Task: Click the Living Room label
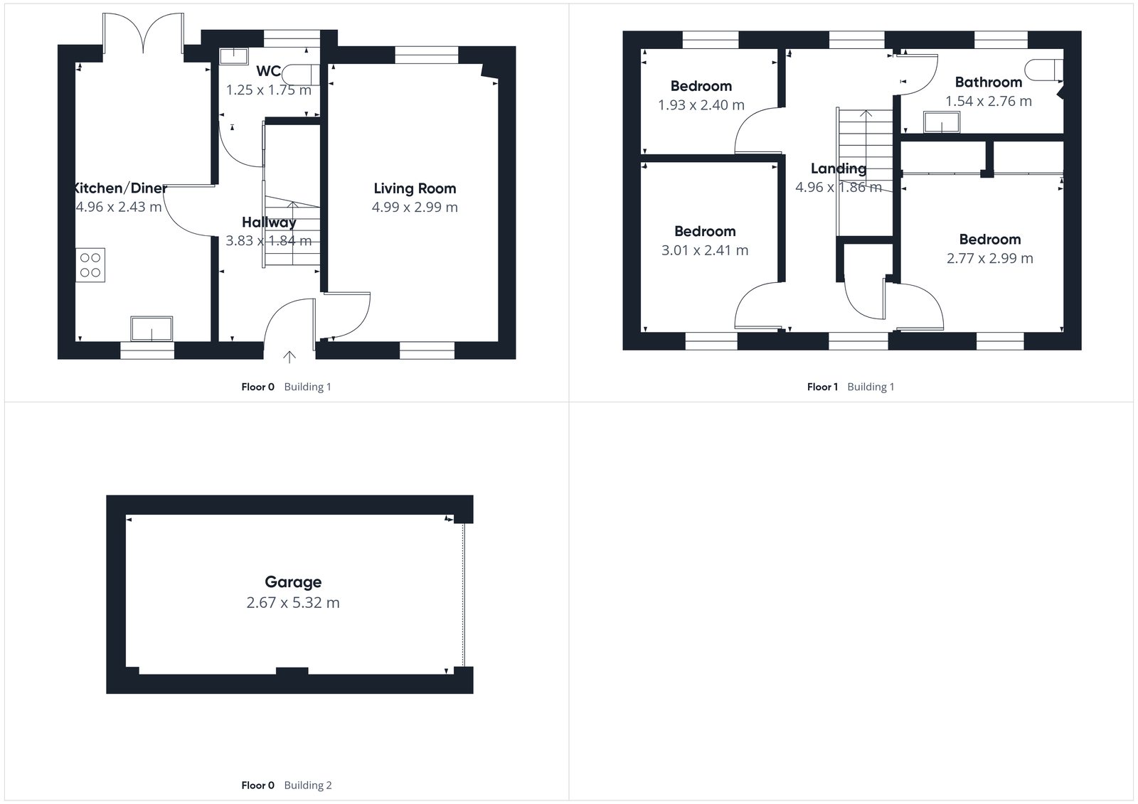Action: tap(415, 188)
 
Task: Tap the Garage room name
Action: tap(293, 581)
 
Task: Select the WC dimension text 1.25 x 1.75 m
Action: tap(268, 90)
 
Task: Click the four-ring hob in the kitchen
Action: tap(90, 265)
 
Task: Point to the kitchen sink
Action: tap(151, 329)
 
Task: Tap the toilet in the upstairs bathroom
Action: tap(1043, 70)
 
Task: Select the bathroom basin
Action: tap(942, 123)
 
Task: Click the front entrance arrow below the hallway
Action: tap(289, 356)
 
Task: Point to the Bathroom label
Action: tap(988, 82)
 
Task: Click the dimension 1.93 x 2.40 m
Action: tap(701, 105)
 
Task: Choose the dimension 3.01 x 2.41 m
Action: tap(704, 250)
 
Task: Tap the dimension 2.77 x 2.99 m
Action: tap(989, 258)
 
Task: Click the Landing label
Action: tap(839, 168)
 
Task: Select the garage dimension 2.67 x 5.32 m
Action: tap(293, 603)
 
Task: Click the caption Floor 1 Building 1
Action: tap(851, 387)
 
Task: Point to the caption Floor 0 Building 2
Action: tap(286, 785)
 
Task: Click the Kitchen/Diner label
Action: tap(119, 188)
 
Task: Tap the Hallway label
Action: tap(269, 223)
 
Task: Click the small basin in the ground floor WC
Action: tap(233, 56)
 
